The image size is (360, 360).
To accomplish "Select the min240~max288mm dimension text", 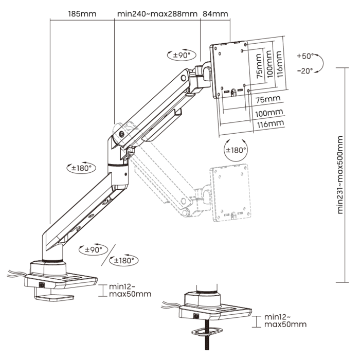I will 157,14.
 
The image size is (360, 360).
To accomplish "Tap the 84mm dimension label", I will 215,14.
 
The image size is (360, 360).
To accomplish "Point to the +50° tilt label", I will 305,56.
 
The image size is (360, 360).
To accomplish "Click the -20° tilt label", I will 305,71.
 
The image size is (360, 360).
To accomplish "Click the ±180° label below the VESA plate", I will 236,150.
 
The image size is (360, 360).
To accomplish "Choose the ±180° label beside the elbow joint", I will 82,168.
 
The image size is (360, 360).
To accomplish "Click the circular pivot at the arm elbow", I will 121,134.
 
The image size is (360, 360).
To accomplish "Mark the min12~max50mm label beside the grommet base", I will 284,321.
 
